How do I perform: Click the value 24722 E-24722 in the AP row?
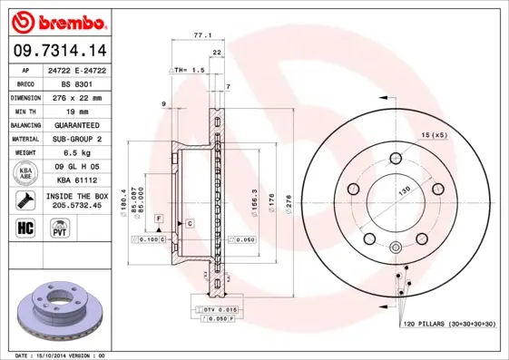click(x=84, y=69)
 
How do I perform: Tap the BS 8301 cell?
click(x=84, y=83)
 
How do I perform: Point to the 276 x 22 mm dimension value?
click(x=84, y=96)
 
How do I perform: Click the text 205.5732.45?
click(x=84, y=204)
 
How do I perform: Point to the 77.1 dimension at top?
click(x=201, y=35)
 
